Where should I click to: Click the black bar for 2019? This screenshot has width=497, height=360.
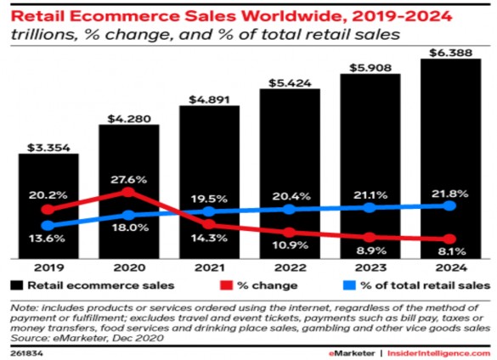click(x=48, y=204)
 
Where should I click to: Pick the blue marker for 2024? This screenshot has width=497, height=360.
click(x=450, y=205)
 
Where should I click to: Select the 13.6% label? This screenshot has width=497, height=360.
click(x=48, y=240)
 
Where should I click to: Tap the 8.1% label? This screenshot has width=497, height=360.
click(x=451, y=252)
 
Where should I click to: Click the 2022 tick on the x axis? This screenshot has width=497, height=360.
click(x=290, y=265)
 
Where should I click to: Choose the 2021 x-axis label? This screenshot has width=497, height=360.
click(x=209, y=265)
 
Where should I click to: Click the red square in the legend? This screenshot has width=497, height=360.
click(x=225, y=284)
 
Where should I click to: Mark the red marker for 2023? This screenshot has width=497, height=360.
click(x=370, y=237)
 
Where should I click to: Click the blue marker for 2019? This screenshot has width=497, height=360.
click(x=48, y=225)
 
